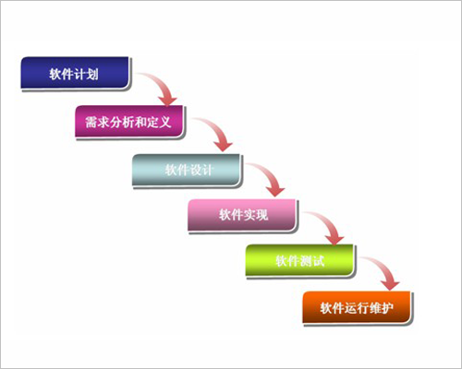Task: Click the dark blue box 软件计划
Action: pos(75,73)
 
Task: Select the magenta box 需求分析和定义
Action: pos(129,121)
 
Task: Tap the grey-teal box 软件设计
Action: pos(186,170)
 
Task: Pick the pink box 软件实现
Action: pos(242,215)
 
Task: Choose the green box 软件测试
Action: pos(299,260)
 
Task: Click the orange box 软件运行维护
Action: pos(357,307)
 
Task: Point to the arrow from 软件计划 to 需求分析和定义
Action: pos(160,84)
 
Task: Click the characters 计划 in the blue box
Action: pos(86,74)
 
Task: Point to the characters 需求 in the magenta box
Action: pos(97,122)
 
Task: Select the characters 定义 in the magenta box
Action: pos(159,122)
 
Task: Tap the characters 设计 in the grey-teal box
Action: pos(201,170)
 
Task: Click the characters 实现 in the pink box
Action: pos(256,215)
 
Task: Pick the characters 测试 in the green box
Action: pos(312,261)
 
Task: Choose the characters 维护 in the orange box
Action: pos(382,308)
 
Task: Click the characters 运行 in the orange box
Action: pos(357,308)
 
